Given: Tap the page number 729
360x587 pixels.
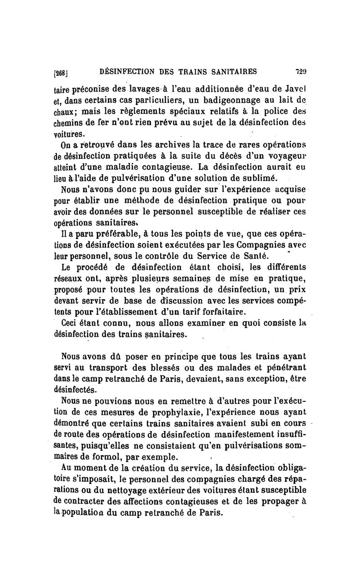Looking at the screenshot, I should coord(301,71).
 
